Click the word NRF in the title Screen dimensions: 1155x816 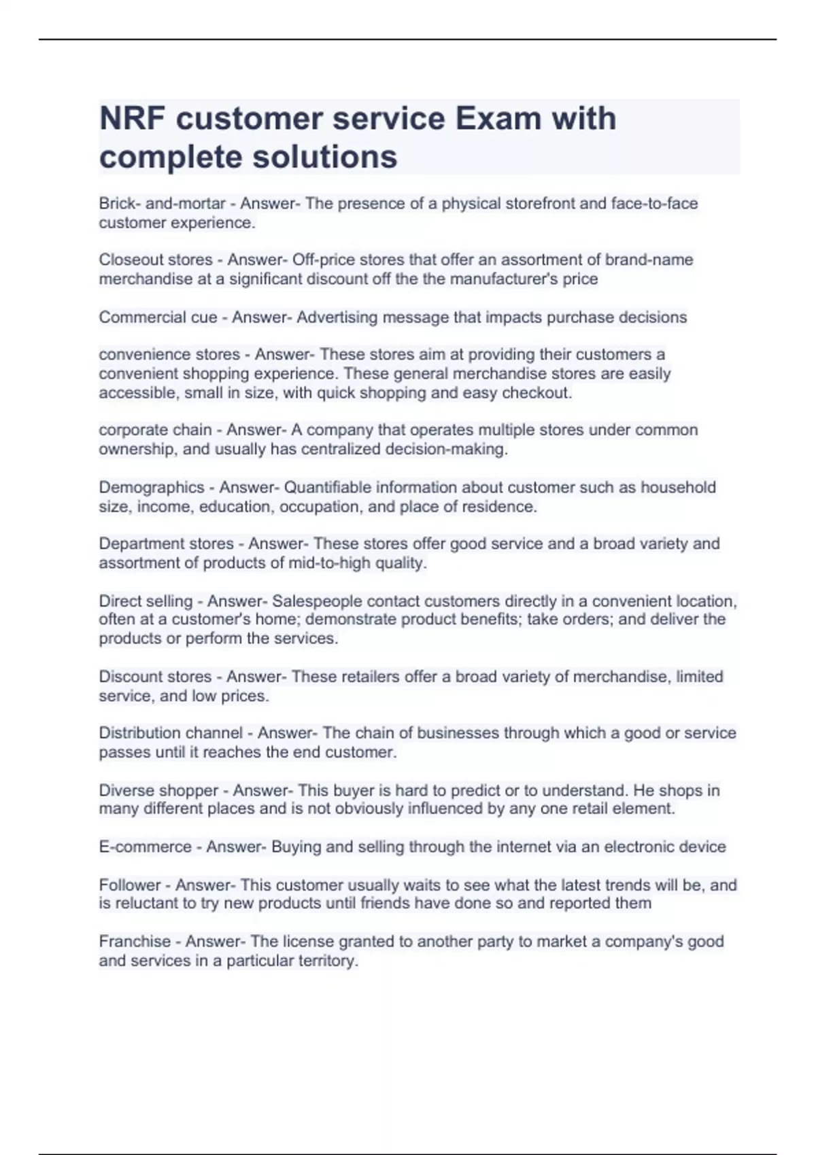[132, 119]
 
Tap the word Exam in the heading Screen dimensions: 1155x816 [498, 119]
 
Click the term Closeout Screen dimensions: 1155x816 [127, 260]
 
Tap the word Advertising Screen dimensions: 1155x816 [337, 317]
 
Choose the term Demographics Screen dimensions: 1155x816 [152, 487]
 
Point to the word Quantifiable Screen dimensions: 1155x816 [327, 487]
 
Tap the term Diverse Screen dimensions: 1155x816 [124, 790]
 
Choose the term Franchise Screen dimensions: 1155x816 [135, 942]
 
